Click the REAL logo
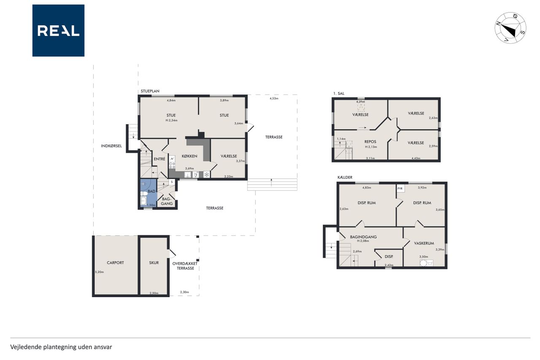click(x=58, y=31)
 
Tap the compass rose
click(x=510, y=28)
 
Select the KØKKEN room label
click(x=189, y=156)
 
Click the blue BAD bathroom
click(x=148, y=193)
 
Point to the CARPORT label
click(x=115, y=263)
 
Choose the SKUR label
click(x=154, y=263)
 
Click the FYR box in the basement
click(x=400, y=189)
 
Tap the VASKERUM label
click(x=424, y=243)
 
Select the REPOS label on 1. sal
click(x=370, y=142)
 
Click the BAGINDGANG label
click(x=363, y=237)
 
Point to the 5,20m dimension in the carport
click(x=99, y=272)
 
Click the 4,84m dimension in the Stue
click(x=171, y=100)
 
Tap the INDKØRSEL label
click(x=111, y=146)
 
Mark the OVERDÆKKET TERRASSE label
click(x=185, y=266)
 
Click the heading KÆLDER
click(x=345, y=177)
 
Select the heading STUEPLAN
click(x=150, y=91)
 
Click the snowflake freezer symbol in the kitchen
click(x=207, y=175)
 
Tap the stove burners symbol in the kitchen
click(x=172, y=165)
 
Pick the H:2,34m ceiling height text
click(x=171, y=120)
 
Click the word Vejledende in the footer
click(x=26, y=347)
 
